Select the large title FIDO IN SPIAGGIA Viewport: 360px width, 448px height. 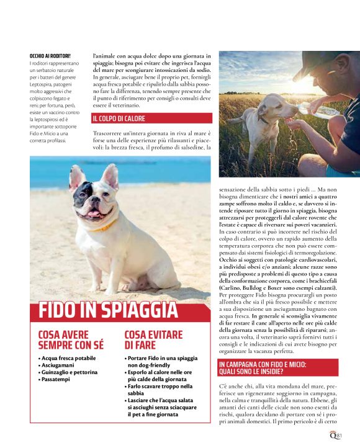click(108, 310)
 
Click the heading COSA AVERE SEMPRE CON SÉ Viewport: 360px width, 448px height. click(71, 339)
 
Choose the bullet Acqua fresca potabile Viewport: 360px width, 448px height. click(70, 359)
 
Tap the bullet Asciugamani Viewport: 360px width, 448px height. click(61, 365)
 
